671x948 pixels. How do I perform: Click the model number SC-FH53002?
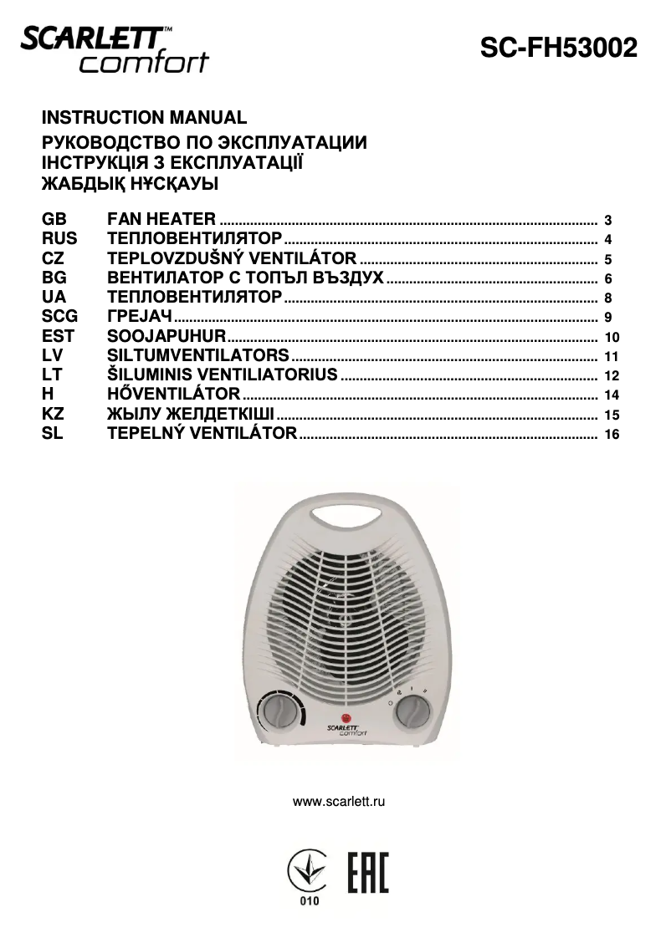(558, 48)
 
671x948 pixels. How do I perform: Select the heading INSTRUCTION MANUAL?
(144, 118)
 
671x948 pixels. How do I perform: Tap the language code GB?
(53, 220)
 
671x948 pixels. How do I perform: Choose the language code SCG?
(59, 317)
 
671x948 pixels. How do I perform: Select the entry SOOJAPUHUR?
(167, 336)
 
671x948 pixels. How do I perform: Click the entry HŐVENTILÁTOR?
(174, 394)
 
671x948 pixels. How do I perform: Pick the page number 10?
(610, 339)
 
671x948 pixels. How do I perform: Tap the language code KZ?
(53, 414)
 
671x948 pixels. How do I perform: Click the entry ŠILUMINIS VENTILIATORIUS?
(223, 375)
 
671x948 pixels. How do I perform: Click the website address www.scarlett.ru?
(338, 802)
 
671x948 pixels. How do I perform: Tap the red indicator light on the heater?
(345, 717)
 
